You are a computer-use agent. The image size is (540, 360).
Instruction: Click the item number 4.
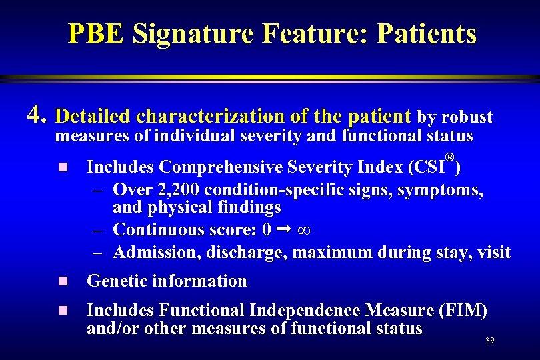[x=37, y=117]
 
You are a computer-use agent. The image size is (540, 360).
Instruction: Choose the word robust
[x=466, y=117]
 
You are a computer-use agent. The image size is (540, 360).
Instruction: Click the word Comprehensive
[x=219, y=167]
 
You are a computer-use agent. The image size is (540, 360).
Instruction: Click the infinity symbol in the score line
[x=307, y=230]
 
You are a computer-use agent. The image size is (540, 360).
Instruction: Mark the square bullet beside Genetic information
[x=63, y=282]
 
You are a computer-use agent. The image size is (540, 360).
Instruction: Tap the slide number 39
[x=489, y=341]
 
